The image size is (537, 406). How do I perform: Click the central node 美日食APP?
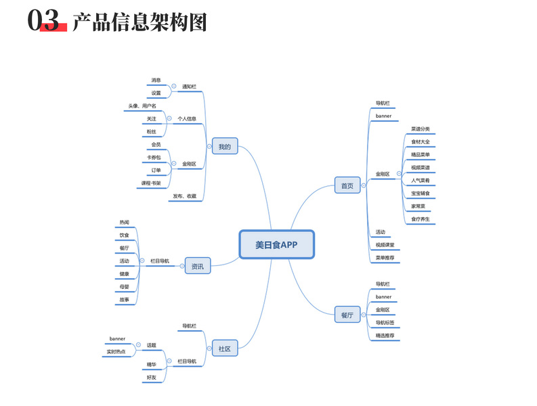click(276, 244)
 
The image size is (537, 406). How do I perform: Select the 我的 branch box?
click(225, 146)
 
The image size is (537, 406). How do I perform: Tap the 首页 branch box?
click(347, 185)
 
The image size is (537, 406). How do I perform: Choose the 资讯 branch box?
click(198, 267)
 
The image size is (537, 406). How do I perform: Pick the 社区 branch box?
click(225, 348)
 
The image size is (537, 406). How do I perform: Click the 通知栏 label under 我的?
click(189, 87)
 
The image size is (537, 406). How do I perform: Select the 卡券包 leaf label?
click(154, 157)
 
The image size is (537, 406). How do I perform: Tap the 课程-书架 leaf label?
click(151, 183)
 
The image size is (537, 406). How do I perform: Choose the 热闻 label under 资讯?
click(125, 222)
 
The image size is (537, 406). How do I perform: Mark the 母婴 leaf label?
click(125, 286)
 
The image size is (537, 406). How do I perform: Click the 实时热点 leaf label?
click(116, 351)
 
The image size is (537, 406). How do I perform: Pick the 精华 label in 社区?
click(152, 364)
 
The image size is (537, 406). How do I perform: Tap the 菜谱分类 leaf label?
click(421, 129)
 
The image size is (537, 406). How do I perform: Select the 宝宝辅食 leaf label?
click(421, 194)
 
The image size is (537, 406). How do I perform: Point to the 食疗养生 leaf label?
click(421, 219)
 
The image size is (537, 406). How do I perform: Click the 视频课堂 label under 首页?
click(385, 244)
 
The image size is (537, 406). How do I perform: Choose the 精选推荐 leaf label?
click(385, 335)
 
